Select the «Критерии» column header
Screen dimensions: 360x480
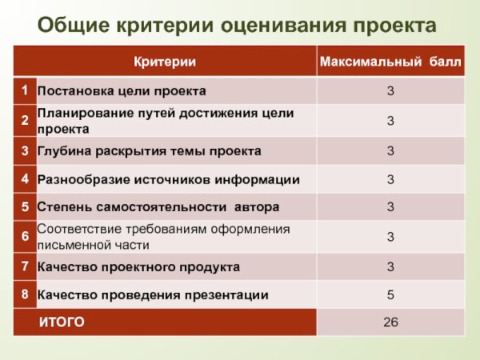point(164,62)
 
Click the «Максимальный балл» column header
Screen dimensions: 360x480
point(390,62)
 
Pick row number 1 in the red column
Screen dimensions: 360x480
point(26,90)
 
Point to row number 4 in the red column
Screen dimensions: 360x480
point(26,178)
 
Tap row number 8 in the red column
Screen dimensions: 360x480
point(26,294)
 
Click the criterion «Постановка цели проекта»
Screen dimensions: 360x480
point(122,91)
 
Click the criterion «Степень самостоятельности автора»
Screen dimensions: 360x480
point(158,207)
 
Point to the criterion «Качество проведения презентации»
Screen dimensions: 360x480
point(153,295)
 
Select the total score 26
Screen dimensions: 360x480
point(390,323)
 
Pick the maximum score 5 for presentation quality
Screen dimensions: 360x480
point(390,295)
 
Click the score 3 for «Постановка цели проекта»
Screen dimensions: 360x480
point(390,92)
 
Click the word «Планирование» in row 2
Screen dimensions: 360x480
point(79,114)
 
